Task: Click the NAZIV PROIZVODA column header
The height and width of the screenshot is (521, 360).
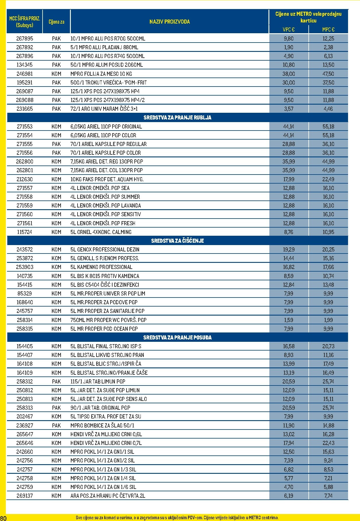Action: point(169,22)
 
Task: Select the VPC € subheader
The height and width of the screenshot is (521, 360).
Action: point(289,29)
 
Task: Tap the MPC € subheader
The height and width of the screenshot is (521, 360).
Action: point(328,29)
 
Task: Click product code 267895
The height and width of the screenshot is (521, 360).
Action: point(25,38)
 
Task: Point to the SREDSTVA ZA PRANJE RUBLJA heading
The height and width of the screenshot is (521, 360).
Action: point(177,118)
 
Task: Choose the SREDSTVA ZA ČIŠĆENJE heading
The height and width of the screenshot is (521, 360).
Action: point(177,241)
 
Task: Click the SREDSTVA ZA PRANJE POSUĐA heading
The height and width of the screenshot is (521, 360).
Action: point(177,337)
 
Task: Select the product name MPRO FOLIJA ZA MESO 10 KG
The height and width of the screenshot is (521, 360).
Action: point(101,74)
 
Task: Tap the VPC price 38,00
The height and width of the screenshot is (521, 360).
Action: point(289,74)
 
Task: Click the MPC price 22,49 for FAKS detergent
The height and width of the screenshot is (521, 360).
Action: point(328,179)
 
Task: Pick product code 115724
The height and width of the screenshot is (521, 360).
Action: point(25,232)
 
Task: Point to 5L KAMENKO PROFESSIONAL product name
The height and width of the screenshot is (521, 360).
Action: point(101,267)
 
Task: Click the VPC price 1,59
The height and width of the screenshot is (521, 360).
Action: point(289,320)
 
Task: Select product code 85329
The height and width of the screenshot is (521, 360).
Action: point(25,293)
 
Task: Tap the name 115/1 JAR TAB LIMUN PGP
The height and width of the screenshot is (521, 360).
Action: point(98,381)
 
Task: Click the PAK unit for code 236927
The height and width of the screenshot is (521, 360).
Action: point(56,425)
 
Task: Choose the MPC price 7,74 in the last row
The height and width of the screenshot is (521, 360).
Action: point(328,496)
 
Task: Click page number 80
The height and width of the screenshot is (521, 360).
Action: point(3,518)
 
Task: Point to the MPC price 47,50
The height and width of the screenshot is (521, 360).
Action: point(328,74)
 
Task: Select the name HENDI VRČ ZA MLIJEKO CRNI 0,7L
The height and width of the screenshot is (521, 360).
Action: point(106,443)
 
